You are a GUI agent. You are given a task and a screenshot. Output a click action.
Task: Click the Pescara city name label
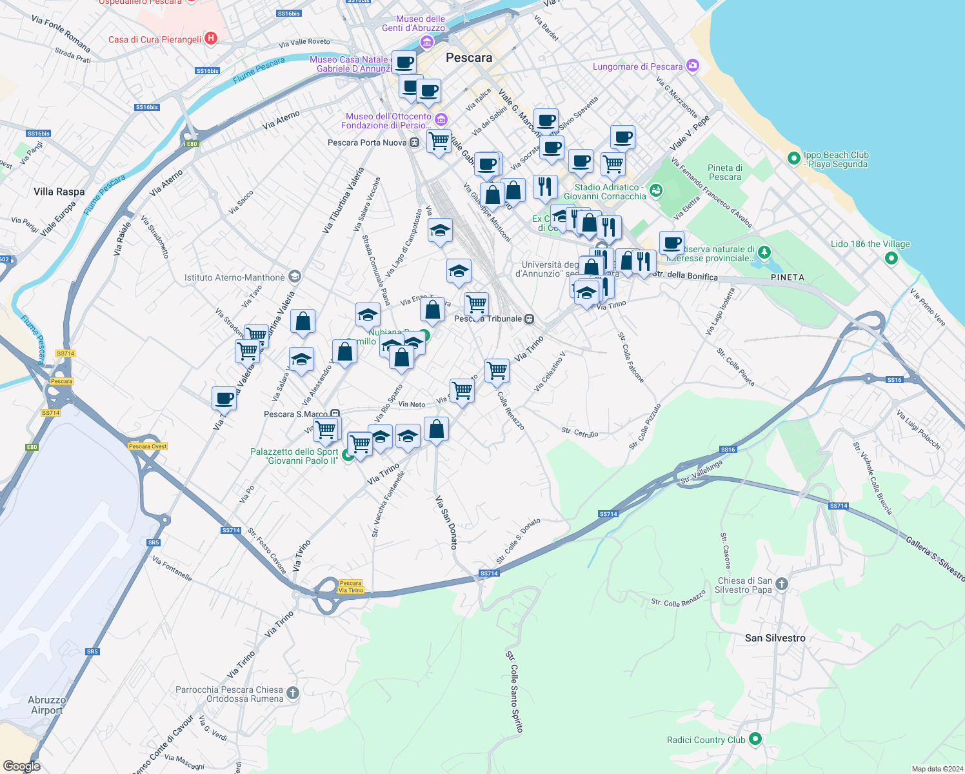point(469,57)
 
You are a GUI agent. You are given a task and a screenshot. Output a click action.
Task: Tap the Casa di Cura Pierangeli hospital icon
point(210,39)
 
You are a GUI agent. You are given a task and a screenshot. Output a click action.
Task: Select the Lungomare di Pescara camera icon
point(693,65)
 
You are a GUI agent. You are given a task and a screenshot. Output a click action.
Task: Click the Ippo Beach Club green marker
point(794,158)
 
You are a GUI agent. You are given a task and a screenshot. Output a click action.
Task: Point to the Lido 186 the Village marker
point(891,258)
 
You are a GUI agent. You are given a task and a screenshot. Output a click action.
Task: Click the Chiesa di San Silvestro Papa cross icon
point(782,584)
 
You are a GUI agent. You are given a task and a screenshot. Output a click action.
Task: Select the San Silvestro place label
point(775,638)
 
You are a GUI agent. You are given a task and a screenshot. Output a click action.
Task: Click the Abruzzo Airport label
point(46,705)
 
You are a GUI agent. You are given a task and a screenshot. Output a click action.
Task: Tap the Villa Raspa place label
point(59,192)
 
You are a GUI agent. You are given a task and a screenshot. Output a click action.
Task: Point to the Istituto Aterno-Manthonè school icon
point(295,277)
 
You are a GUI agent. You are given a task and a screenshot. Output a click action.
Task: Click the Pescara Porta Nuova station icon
point(415,143)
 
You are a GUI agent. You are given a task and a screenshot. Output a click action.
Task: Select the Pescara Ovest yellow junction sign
point(148,446)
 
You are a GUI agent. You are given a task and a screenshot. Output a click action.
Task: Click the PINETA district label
point(788,277)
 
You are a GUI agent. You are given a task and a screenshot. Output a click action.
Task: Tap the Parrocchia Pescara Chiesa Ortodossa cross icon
point(293,693)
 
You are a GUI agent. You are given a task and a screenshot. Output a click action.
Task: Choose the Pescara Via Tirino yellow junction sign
point(351,586)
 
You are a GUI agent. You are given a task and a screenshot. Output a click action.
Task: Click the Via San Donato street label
point(446,522)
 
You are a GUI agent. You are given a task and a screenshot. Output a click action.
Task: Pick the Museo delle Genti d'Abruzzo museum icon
point(426,43)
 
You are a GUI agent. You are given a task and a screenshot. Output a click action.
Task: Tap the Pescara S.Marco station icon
point(335,413)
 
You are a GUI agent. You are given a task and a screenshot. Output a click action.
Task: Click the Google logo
point(22,766)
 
